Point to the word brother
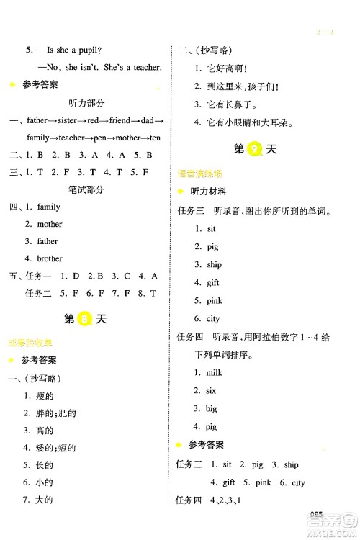pos(50,258)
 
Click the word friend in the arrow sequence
pos(122,120)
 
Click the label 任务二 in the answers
pos(38,293)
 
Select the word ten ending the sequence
pos(155,138)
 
